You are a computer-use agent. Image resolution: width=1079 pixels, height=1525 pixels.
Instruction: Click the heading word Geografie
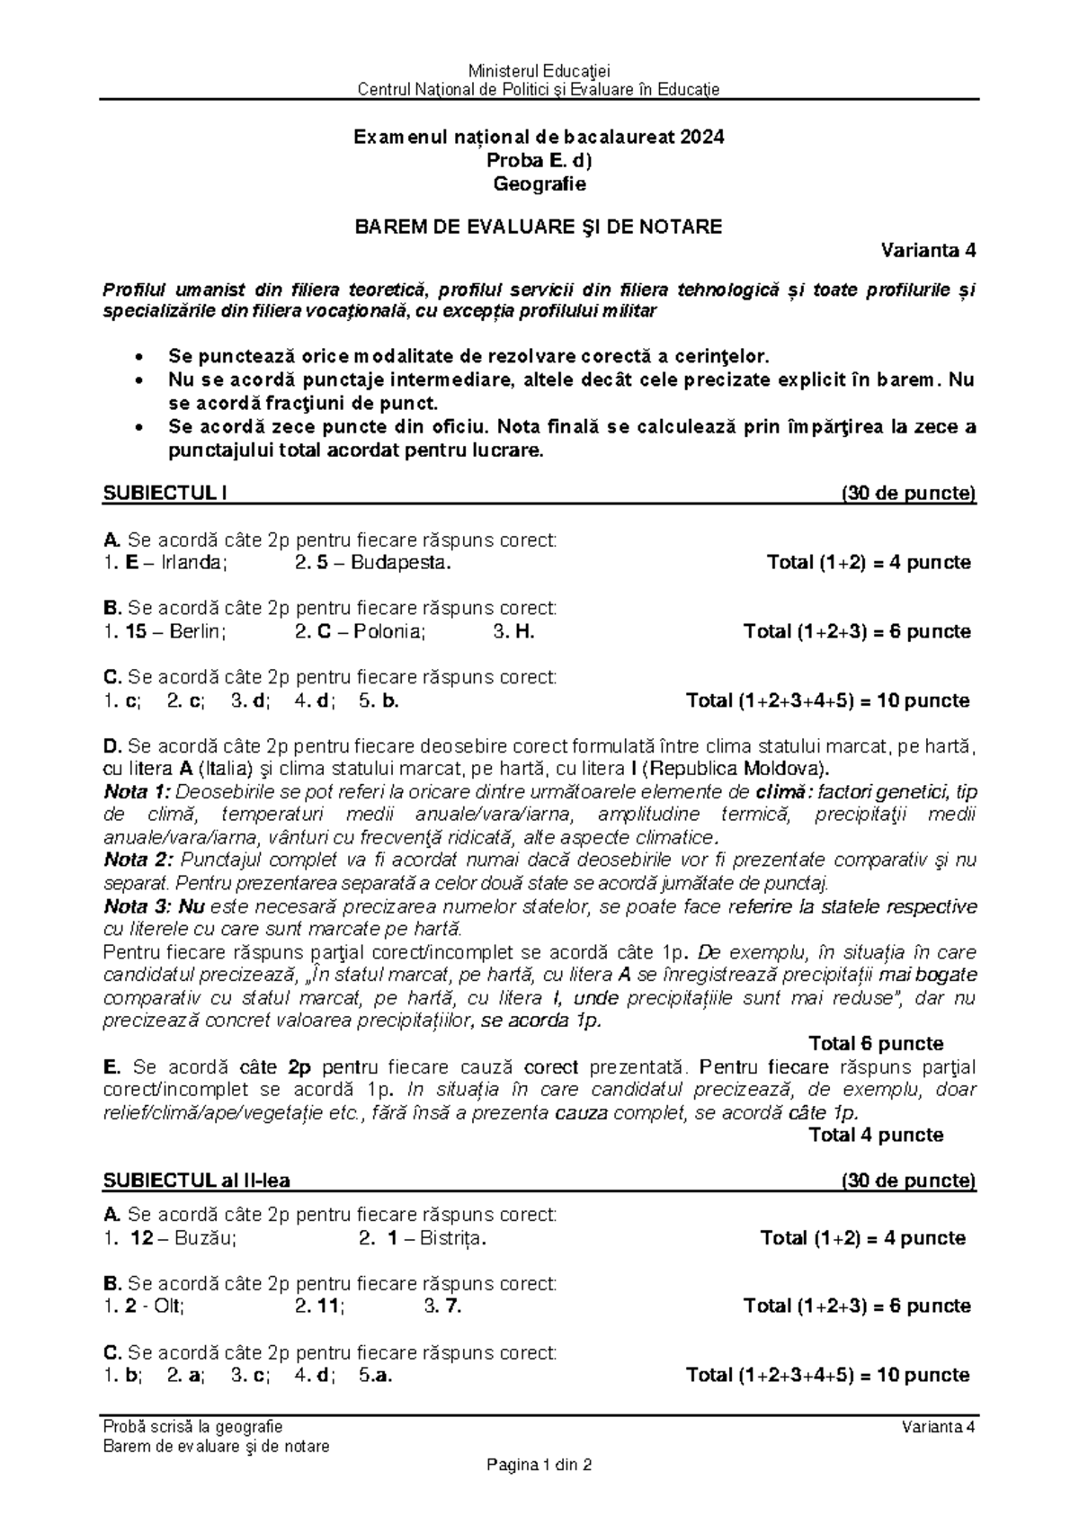tap(539, 184)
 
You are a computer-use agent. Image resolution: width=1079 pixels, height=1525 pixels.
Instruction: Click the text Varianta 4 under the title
tap(928, 251)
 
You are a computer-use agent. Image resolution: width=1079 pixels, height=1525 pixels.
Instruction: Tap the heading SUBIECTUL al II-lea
tap(197, 1180)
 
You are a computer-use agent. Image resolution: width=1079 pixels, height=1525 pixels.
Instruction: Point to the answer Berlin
tap(198, 631)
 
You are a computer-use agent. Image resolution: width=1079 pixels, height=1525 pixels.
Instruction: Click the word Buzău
tap(206, 1238)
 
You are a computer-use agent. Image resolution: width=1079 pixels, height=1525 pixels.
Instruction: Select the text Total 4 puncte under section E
tap(876, 1135)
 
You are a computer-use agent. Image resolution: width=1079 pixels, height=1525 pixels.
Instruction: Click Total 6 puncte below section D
tap(876, 1044)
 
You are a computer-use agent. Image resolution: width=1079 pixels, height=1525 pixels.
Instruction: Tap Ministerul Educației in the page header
tap(539, 71)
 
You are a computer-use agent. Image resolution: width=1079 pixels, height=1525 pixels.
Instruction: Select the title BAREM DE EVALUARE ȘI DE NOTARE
tap(539, 227)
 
